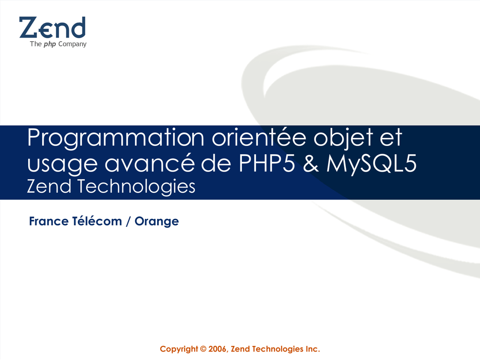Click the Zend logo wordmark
coord(52,28)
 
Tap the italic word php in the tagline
coord(50,45)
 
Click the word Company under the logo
coord(72,45)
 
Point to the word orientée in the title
coord(259,137)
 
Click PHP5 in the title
coord(267,163)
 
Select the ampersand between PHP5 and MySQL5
coord(311,163)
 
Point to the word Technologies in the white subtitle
coord(136,187)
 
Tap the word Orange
coord(157,222)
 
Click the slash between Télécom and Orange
coord(128,221)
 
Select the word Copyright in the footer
coord(179,349)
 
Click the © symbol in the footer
coord(203,349)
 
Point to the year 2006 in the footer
coord(218,349)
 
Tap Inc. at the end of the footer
coord(313,349)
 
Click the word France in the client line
coord(49,221)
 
